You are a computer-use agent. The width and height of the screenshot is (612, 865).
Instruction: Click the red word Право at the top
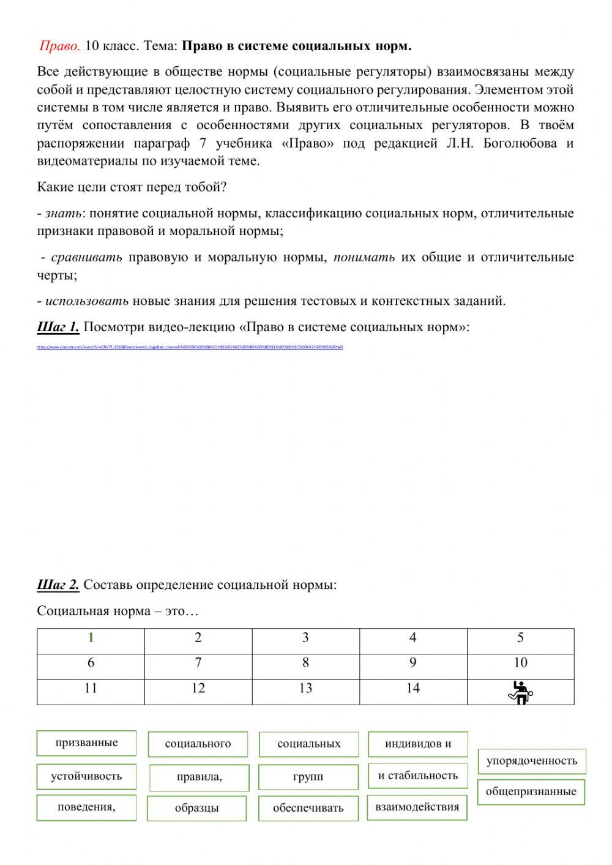59,46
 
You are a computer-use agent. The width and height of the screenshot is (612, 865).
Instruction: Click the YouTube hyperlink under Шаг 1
190,347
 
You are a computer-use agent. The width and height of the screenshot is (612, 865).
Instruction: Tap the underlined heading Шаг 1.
58,327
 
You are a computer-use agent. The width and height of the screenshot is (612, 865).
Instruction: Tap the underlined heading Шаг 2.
58,585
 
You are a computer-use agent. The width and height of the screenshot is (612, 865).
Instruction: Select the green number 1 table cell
91,638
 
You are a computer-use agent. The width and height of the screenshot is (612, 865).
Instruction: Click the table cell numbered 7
198,663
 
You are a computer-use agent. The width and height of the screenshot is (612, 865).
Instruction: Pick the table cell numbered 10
520,663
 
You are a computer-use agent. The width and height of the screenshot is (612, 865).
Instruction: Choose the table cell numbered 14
413,689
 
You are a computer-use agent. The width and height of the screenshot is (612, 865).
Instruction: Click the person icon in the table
520,692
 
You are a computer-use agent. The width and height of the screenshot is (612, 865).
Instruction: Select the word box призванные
86,743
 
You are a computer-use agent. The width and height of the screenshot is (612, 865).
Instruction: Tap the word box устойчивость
86,776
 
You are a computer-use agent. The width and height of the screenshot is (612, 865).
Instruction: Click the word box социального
198,744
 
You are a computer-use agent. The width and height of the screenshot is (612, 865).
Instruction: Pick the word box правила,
199,777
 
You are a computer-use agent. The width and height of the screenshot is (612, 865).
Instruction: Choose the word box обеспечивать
308,808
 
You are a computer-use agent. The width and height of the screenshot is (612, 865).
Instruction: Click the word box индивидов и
418,744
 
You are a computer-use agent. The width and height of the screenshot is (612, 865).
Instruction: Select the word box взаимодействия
417,807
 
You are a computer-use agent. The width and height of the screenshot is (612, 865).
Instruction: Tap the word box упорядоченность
531,761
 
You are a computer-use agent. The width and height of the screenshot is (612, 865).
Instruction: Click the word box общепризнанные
531,792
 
